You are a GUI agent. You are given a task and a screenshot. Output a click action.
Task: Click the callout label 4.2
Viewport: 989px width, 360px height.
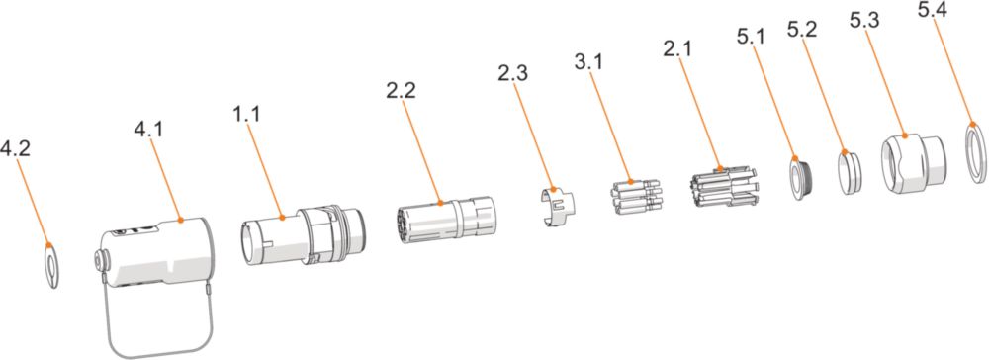15,149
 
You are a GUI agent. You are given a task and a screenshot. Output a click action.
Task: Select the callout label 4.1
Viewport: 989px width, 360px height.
148,130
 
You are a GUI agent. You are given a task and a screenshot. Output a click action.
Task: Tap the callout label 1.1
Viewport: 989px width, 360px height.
245,114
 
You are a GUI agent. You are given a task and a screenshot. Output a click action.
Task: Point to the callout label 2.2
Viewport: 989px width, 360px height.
402,90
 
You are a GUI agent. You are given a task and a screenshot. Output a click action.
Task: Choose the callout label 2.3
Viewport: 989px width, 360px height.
512,72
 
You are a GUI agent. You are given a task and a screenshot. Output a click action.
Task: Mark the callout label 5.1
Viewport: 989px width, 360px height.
751,37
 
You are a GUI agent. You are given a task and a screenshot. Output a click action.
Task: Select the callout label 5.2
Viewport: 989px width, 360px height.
802,29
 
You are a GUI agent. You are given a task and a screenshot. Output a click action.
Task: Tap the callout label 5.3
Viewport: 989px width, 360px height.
864,20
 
